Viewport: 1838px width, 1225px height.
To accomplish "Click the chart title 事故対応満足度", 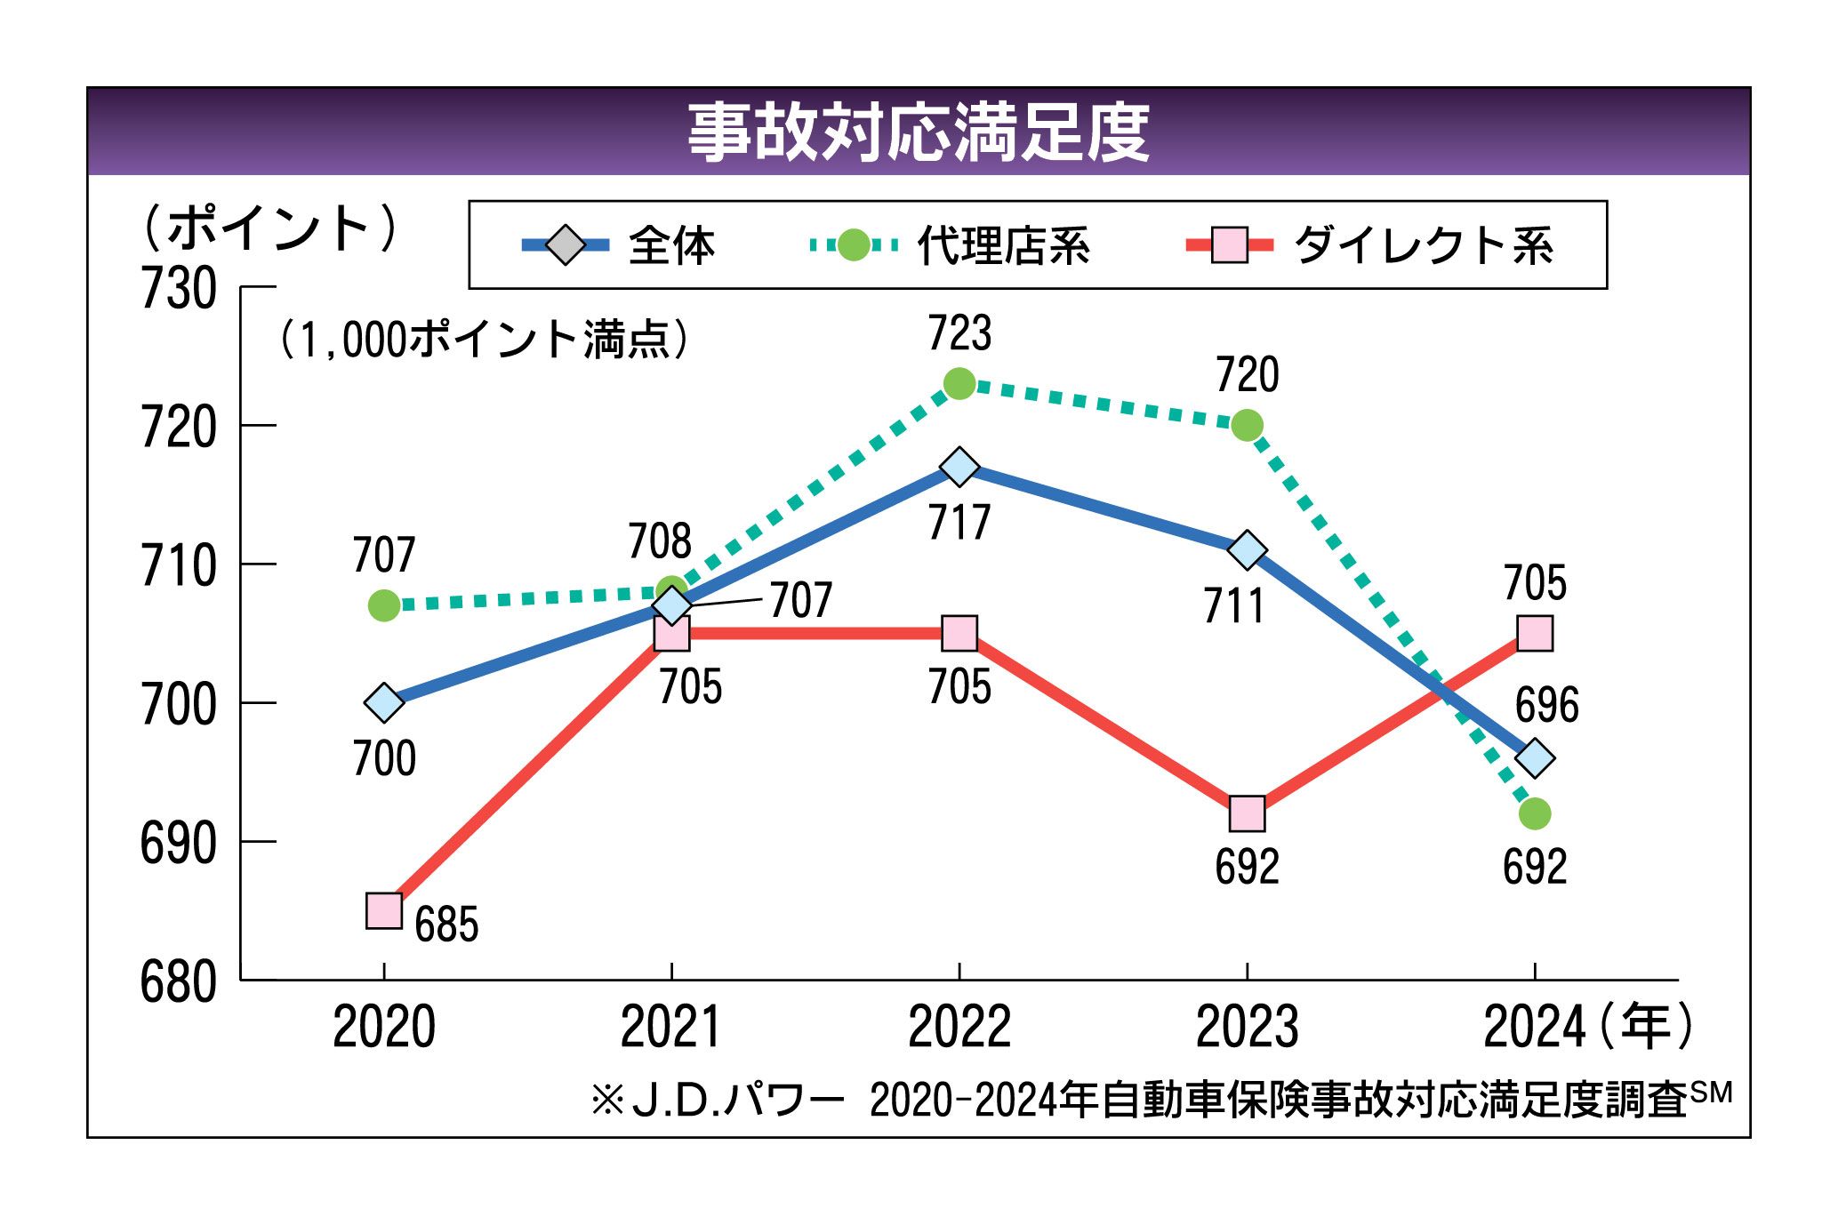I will [919, 132].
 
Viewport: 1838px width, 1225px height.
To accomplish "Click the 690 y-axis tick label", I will [179, 843].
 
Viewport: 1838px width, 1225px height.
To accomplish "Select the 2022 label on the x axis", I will [959, 1027].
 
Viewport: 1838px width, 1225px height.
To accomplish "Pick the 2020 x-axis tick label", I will [383, 1027].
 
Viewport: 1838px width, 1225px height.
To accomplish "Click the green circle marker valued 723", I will [959, 384].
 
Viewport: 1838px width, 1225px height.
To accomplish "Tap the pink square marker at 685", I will [384, 911].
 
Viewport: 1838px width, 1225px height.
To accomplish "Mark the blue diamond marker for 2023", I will [1247, 550].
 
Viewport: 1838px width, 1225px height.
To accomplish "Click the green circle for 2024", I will [1535, 813].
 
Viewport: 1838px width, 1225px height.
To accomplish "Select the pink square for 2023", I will [1247, 813].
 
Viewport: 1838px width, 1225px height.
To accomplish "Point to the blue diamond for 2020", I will [384, 702].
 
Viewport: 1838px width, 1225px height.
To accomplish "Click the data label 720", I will [1247, 374].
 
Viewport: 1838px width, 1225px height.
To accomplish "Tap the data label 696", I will [1547, 705].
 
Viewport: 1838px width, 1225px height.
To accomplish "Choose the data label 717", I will [959, 522].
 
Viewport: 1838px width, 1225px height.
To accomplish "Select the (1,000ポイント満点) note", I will [484, 340].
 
